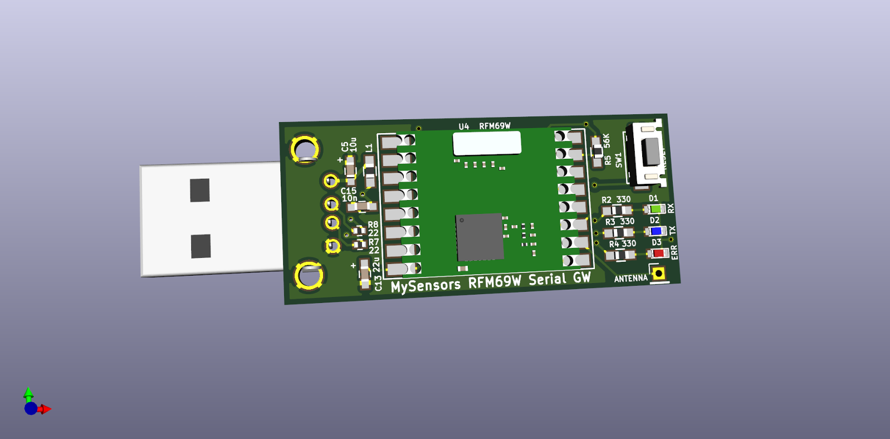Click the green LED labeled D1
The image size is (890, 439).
[655, 209]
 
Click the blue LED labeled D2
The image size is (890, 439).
[657, 231]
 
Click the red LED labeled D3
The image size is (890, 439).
[658, 253]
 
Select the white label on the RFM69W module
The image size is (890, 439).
[487, 143]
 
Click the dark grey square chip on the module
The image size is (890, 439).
[480, 237]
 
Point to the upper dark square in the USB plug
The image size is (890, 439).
[199, 190]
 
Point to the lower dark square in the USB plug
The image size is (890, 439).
[201, 246]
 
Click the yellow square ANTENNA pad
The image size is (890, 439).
[659, 274]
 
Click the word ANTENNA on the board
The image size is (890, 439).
[630, 278]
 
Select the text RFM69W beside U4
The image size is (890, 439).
[495, 126]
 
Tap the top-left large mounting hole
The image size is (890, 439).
[305, 149]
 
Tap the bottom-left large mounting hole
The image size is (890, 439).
[308, 275]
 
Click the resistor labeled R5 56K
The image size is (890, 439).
[597, 151]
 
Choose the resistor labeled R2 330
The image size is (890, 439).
[617, 211]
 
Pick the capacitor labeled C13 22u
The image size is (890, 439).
[365, 274]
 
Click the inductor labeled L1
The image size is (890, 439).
[369, 170]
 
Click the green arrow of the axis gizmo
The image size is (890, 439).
[28, 393]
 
